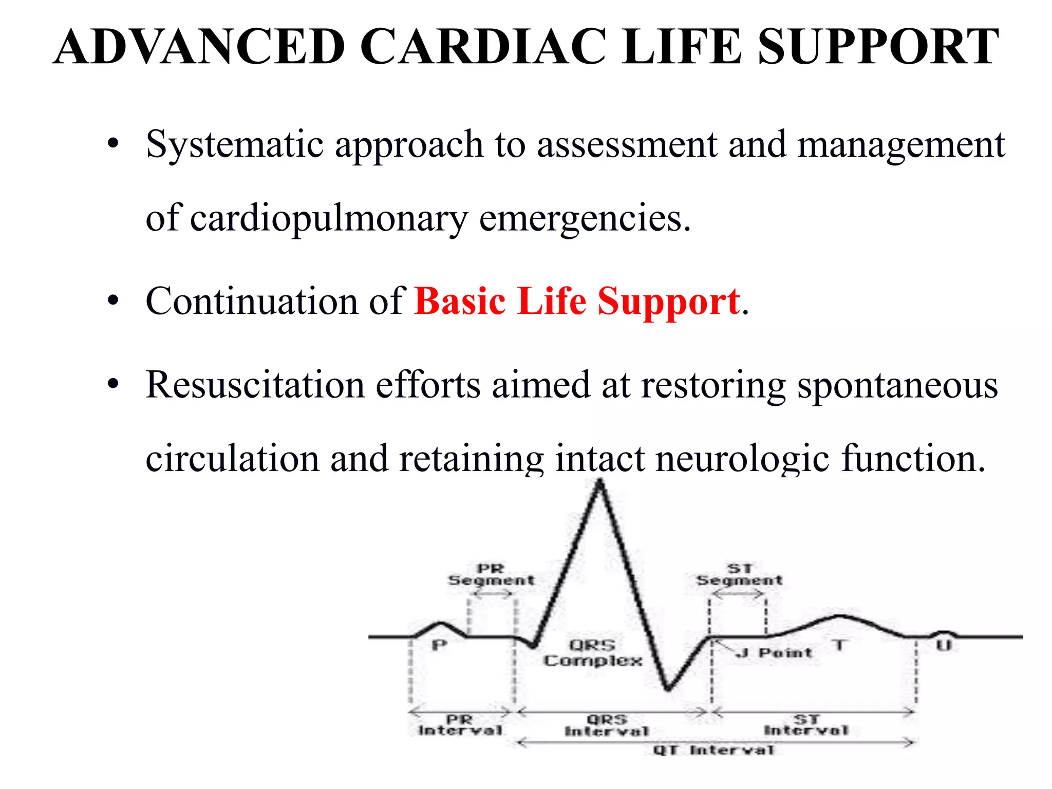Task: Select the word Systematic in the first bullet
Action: click(x=234, y=145)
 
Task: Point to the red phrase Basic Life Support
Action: click(x=577, y=302)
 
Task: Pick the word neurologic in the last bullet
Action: click(x=742, y=458)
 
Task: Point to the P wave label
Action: click(x=439, y=645)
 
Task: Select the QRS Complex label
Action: click(x=593, y=653)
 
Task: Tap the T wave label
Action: click(x=839, y=645)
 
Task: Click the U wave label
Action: click(x=944, y=645)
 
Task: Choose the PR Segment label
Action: click(x=491, y=575)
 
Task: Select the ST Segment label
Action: click(x=739, y=575)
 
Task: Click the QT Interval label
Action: click(x=713, y=750)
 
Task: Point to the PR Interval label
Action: click(x=460, y=725)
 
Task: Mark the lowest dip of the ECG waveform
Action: click(x=668, y=688)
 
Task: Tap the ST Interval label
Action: click(x=806, y=725)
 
